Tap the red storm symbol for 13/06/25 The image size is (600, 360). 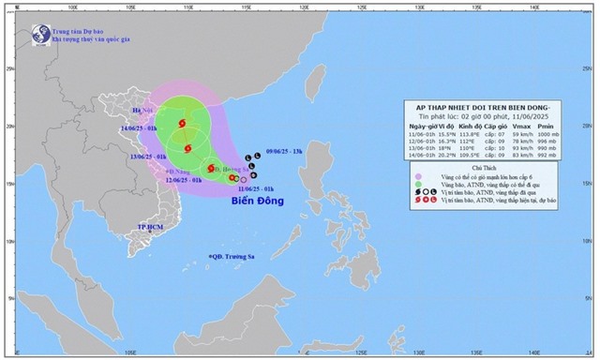[187, 147]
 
